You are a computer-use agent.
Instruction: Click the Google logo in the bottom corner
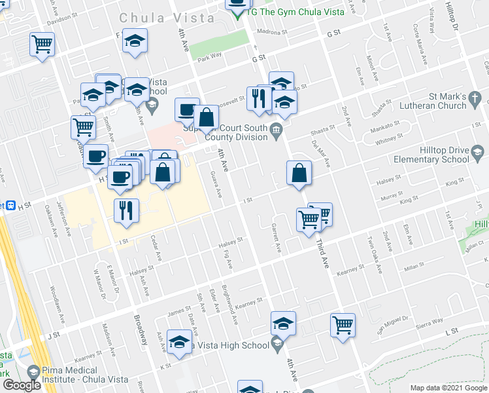[x=22, y=386]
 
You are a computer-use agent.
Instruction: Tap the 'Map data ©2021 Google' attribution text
[x=448, y=388]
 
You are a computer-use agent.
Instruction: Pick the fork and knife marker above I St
[x=125, y=211]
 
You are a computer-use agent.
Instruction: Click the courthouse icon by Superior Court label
[x=277, y=129]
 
